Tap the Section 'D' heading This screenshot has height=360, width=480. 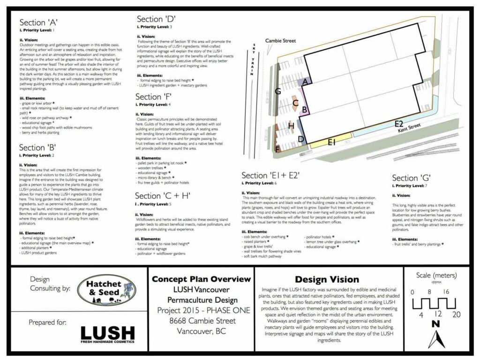pos(156,19)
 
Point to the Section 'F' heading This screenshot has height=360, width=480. pos(155,97)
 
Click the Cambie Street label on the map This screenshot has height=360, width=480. pos(280,41)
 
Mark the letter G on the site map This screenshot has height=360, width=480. pos(278,91)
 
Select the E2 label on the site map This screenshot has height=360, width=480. pos(399,124)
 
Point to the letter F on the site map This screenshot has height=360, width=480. pos(277,150)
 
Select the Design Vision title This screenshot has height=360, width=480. pos(329,280)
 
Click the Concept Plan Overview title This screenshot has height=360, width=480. pos(201,279)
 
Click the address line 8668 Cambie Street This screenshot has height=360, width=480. pos(201,321)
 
